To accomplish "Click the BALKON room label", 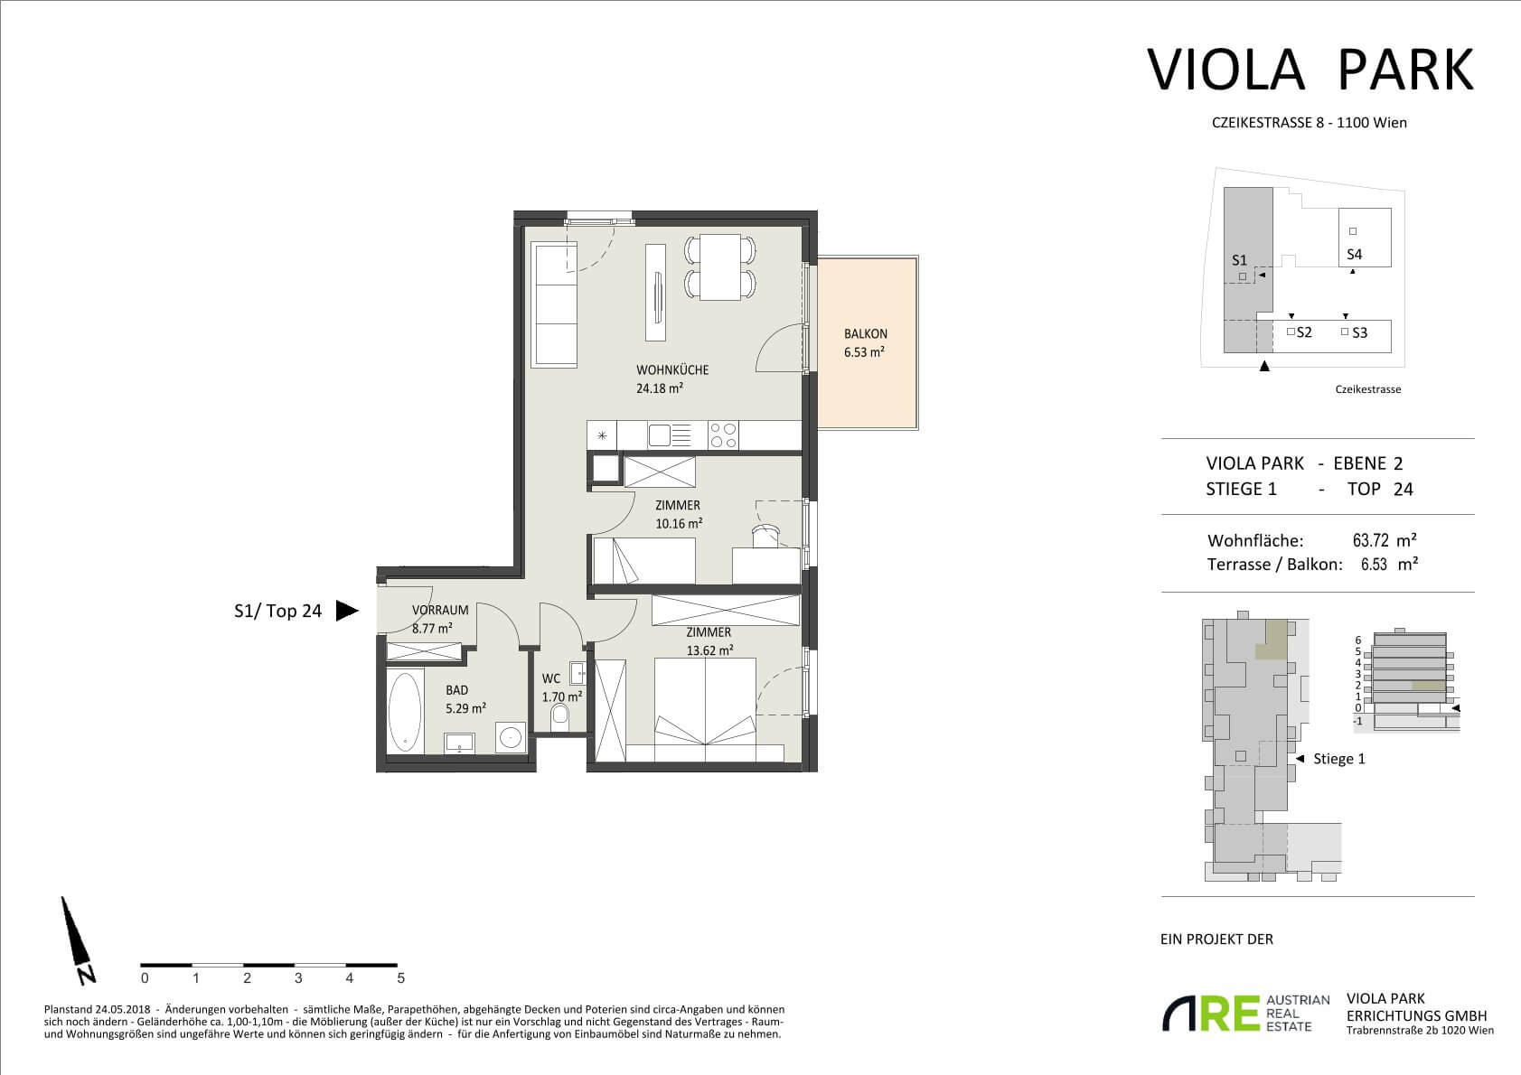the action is coord(865,334).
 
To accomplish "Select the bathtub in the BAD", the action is coord(405,712).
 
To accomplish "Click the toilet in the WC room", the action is coord(560,716).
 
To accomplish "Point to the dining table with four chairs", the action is coord(719,267).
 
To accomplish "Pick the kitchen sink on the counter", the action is coord(669,435).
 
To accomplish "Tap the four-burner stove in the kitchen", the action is coord(723,435).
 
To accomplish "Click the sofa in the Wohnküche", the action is coord(556,305).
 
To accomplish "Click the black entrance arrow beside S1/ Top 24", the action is coord(346,611).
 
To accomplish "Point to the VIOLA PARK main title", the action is coord(1310,70).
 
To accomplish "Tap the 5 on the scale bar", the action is coord(401,978).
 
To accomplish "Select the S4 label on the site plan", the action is coord(1354,255).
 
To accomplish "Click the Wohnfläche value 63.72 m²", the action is coord(1385,540).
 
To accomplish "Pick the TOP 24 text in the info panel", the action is coord(1380,490).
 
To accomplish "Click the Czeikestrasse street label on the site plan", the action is coord(1368,389).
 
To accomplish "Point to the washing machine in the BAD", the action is coord(510,737).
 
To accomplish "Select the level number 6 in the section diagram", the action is coord(1358,640).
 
